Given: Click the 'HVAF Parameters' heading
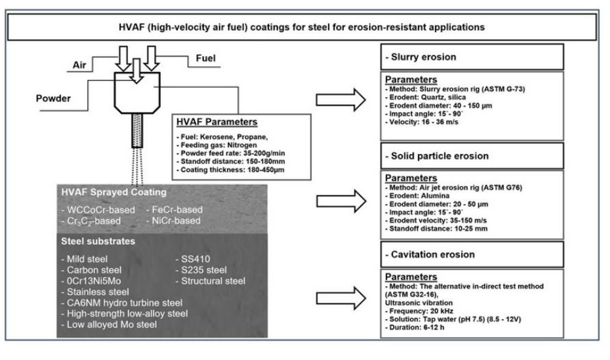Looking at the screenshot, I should tap(216, 123).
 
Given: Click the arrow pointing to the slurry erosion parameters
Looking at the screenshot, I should tap(341, 99).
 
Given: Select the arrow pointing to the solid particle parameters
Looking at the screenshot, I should tap(341, 201).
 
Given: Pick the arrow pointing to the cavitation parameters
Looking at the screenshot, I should tap(341, 298).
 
